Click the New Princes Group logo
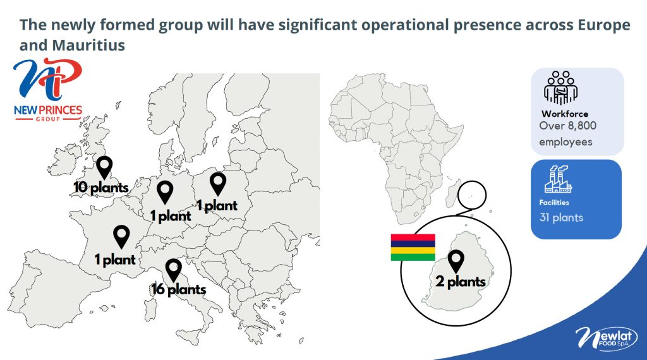48,90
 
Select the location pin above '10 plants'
104,167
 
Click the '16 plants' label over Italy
179,289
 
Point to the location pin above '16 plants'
173,270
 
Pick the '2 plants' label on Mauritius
461,282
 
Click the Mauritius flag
413,248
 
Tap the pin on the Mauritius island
456,261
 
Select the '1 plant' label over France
115,260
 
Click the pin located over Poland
218,184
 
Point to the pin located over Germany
165,192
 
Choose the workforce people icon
561,88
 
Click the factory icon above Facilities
558,179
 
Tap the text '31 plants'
561,218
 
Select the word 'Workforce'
565,114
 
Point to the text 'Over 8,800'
568,126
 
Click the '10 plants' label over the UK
101,188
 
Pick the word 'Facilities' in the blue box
554,203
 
